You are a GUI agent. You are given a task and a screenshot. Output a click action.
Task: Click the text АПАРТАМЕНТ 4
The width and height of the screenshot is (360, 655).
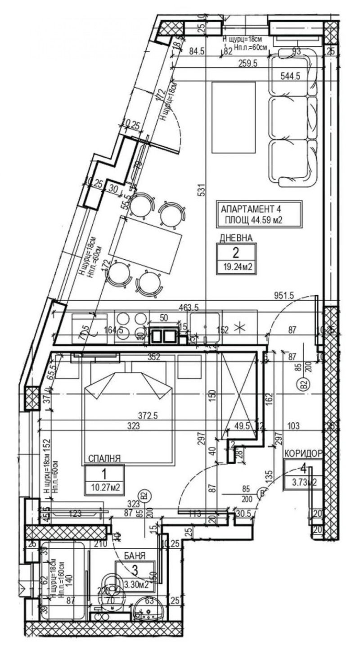pyautogui.click(x=254, y=209)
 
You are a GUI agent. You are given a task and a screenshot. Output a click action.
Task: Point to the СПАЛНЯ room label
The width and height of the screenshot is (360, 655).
pyautogui.click(x=104, y=459)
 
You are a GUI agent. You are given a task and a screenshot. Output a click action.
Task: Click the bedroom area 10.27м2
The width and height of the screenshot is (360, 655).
pyautogui.click(x=104, y=487)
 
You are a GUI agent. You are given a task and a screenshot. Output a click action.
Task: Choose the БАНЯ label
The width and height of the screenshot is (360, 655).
pyautogui.click(x=135, y=556)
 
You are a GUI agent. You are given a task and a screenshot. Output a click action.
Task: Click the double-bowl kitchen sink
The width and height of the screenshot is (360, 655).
pyautogui.click(x=164, y=336)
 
